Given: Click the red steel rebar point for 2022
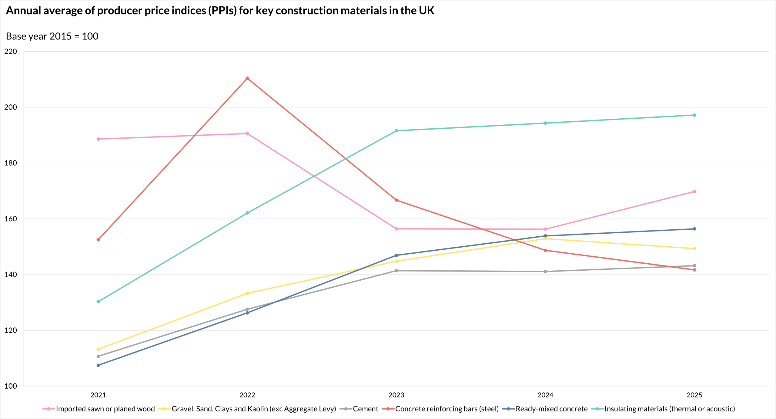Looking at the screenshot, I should [247, 78].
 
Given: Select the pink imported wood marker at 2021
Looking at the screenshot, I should [98, 139].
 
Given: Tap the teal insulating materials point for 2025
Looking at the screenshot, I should [694, 115].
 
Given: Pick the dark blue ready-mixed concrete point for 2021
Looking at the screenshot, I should [98, 365].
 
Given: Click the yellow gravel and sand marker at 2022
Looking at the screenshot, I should [247, 293].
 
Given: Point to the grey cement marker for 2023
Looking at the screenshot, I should [396, 271].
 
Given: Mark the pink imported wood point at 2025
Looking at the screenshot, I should [694, 191].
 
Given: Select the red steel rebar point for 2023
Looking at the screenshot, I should [396, 200].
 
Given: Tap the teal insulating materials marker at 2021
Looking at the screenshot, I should [98, 302].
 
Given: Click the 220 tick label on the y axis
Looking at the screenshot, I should [11, 51].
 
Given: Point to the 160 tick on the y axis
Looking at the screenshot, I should [11, 219].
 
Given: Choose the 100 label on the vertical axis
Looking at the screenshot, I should [11, 386].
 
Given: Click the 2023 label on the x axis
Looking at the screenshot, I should [396, 395].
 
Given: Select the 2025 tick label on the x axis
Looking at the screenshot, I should [694, 395].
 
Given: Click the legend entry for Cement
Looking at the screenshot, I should [365, 409].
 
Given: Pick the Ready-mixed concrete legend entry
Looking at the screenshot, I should [551, 409].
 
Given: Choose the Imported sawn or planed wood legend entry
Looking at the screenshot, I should [105, 409].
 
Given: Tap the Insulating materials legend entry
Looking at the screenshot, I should [670, 409].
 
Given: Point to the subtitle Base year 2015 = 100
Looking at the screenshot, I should [52, 36].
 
